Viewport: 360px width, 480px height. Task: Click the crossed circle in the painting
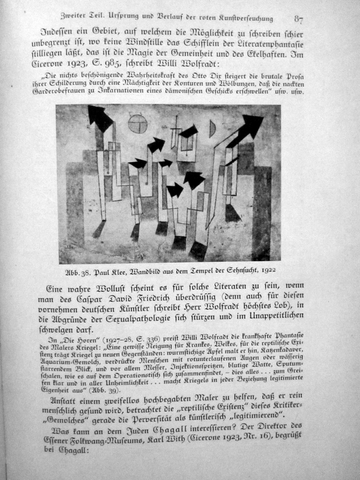click(137, 123)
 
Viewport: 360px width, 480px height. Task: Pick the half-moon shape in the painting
click(212, 128)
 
